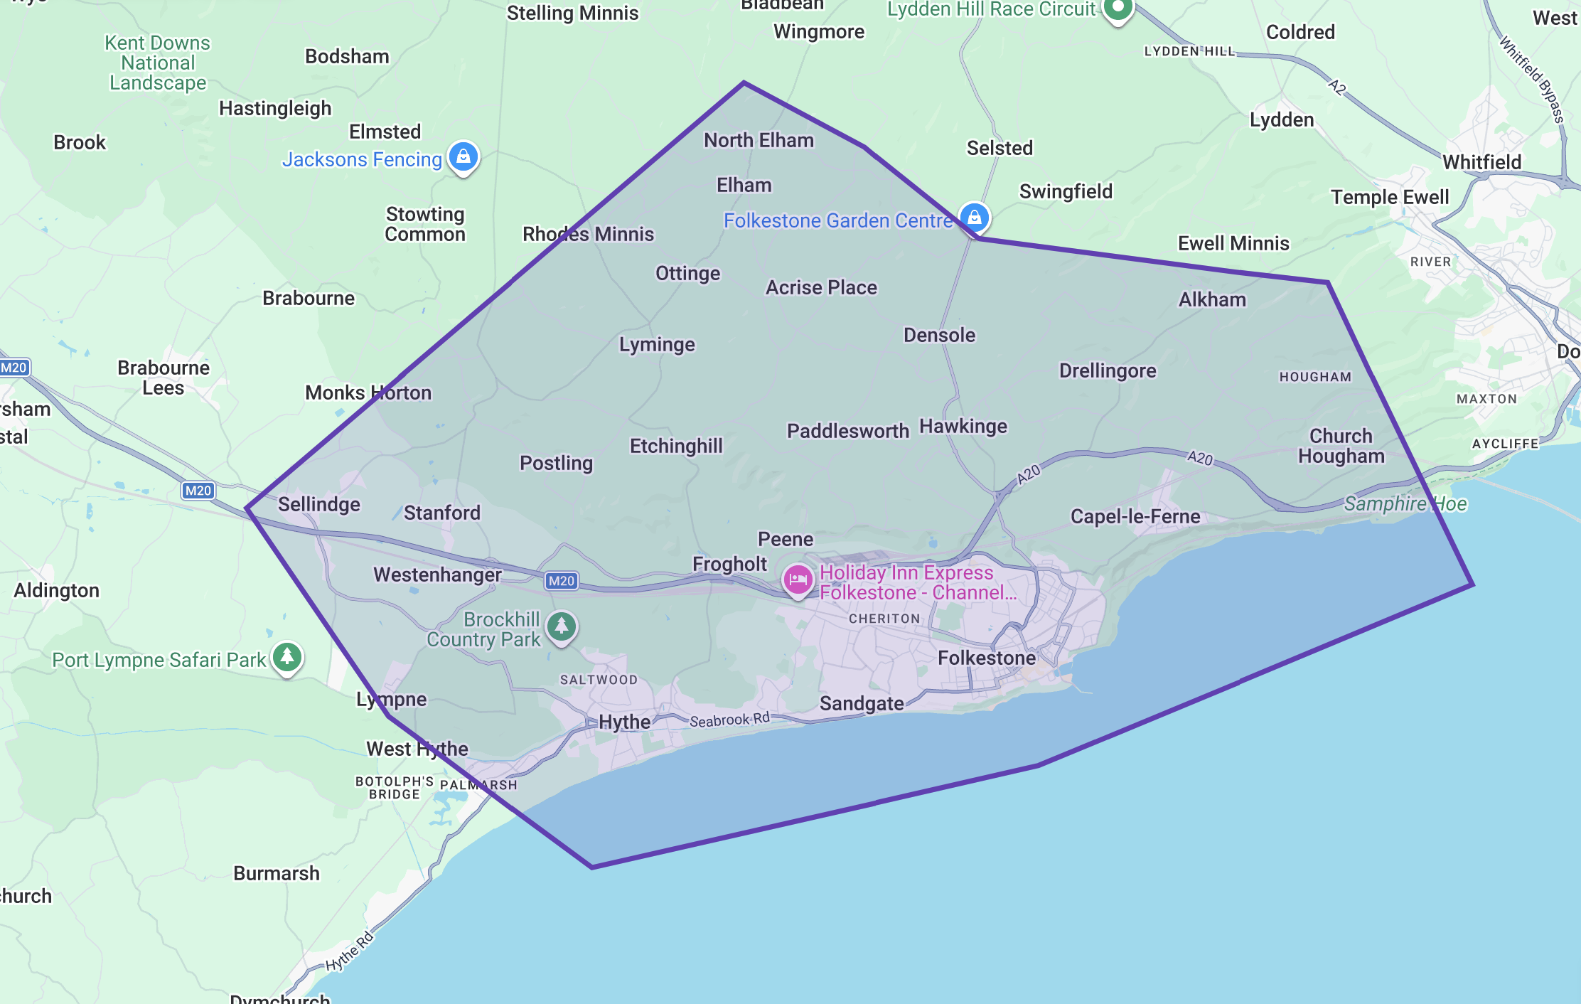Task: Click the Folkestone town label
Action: pyautogui.click(x=986, y=658)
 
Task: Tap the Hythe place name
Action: pyautogui.click(x=624, y=722)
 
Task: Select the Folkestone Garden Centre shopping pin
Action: pyautogui.click(x=974, y=216)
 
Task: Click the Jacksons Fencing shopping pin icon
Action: pyautogui.click(x=463, y=156)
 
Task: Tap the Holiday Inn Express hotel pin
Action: pyautogui.click(x=798, y=580)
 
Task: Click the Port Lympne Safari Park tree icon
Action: pyautogui.click(x=287, y=657)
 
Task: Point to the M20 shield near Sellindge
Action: pyautogui.click(x=198, y=491)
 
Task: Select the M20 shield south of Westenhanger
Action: pyautogui.click(x=561, y=581)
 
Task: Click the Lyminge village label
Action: pyautogui.click(x=657, y=345)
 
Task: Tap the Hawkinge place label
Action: pyautogui.click(x=963, y=426)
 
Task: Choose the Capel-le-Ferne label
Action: pyautogui.click(x=1135, y=516)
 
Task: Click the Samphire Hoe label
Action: pyautogui.click(x=1405, y=504)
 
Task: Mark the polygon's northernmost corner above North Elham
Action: pyautogui.click(x=744, y=83)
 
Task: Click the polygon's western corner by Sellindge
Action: pyautogui.click(x=247, y=508)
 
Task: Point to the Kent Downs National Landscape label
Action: pyautogui.click(x=158, y=63)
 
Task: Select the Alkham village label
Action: pyautogui.click(x=1212, y=299)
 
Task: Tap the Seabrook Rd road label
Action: pyautogui.click(x=729, y=720)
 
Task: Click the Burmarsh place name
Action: pyautogui.click(x=277, y=873)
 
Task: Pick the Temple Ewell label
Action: pyautogui.click(x=1389, y=197)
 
